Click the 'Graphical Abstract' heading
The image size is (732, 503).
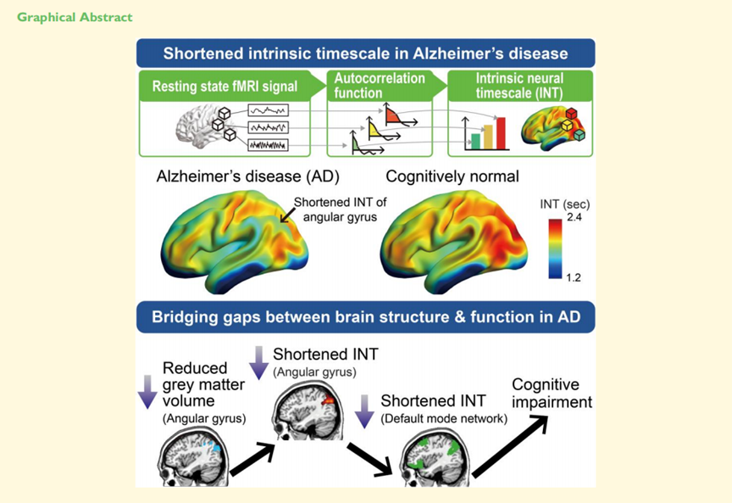click(75, 17)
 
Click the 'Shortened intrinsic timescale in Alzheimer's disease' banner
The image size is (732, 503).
click(365, 53)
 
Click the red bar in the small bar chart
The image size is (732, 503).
click(500, 131)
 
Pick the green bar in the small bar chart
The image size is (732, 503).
click(476, 140)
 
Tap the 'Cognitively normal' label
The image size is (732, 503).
click(452, 177)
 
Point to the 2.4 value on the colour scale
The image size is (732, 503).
click(576, 218)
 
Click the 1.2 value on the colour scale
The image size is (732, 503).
click(576, 277)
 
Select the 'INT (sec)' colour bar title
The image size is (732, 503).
click(564, 204)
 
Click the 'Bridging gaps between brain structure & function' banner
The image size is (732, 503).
click(365, 319)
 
